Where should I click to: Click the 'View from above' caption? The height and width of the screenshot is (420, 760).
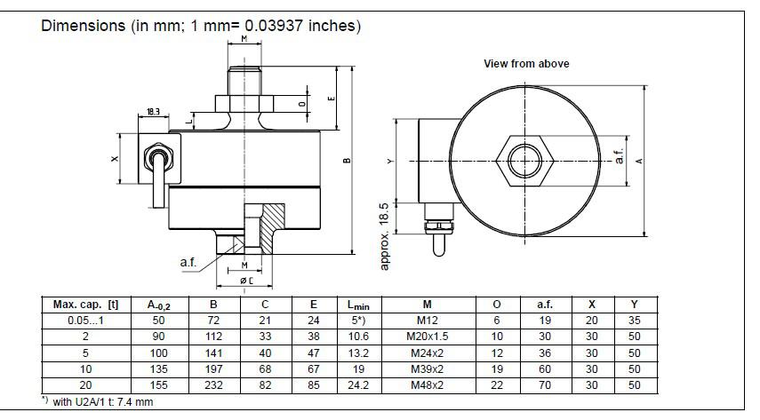[526, 64]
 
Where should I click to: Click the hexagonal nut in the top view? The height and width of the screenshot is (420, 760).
[526, 161]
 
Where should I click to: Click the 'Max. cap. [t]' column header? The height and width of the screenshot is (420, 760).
[80, 305]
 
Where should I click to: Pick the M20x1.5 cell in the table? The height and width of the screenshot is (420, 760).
[427, 336]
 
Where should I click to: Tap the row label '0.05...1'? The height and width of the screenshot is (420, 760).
[80, 320]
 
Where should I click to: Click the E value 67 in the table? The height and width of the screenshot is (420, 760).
[313, 368]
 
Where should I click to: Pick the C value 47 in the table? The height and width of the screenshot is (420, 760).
[265, 352]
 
